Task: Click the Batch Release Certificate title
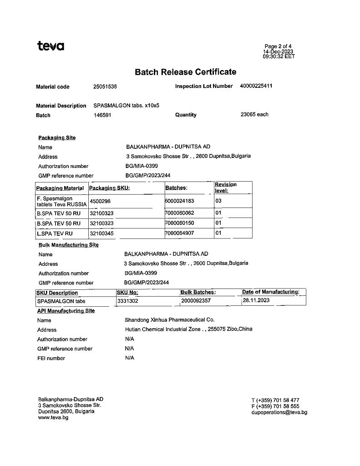coord(186,72)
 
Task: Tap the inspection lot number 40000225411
coord(256,86)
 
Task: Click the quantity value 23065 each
coord(254,114)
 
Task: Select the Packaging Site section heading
coord(57,137)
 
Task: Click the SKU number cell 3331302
coord(128,301)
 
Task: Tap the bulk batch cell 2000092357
coord(196,301)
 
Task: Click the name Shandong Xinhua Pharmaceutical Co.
coord(169,320)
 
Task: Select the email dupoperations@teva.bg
coord(279,412)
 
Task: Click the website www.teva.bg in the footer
coord(53,417)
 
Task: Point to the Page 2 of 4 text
coord(278,46)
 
